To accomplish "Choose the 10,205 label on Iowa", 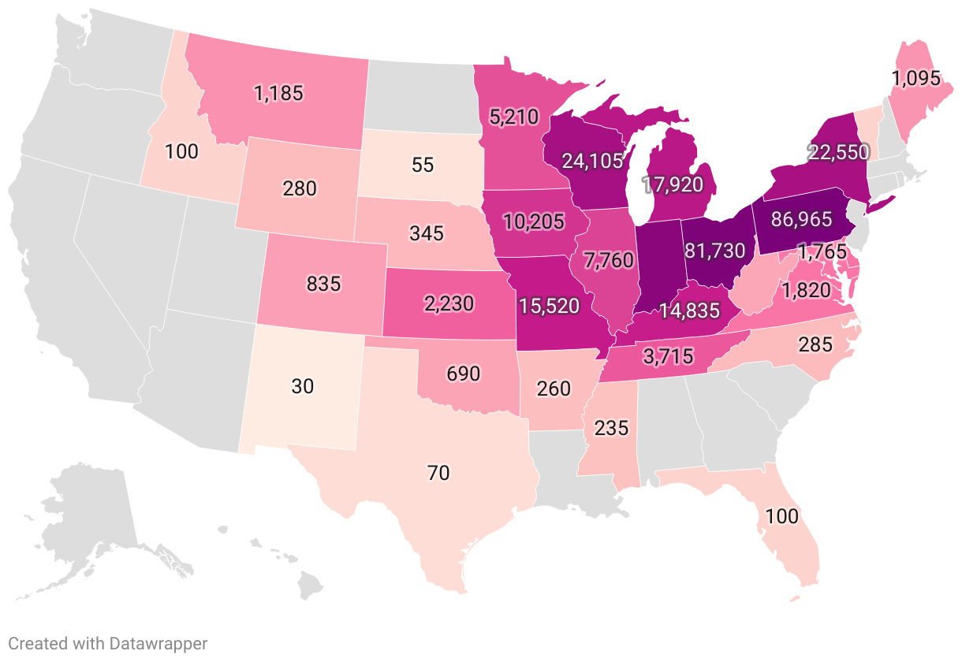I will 533,221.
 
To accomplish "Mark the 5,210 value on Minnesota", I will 513,117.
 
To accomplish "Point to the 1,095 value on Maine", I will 915,78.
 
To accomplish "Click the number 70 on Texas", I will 438,473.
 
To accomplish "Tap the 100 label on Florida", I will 781,516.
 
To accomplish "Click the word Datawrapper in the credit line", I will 160,643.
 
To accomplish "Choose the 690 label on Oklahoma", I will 463,374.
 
